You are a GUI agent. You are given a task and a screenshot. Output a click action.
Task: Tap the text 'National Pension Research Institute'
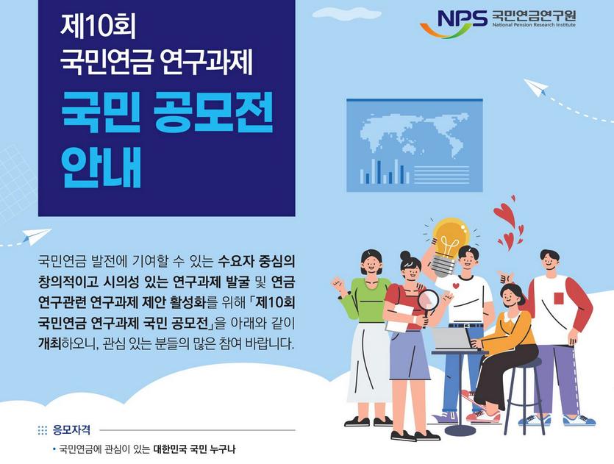tap(534, 26)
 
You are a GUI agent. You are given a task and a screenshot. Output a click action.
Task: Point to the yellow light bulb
tap(449, 238)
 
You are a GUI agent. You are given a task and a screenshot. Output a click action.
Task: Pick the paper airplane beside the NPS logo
tap(538, 88)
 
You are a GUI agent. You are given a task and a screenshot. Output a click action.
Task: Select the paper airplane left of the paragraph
tap(36, 237)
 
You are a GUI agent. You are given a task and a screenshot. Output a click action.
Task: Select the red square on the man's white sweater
tap(558, 299)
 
